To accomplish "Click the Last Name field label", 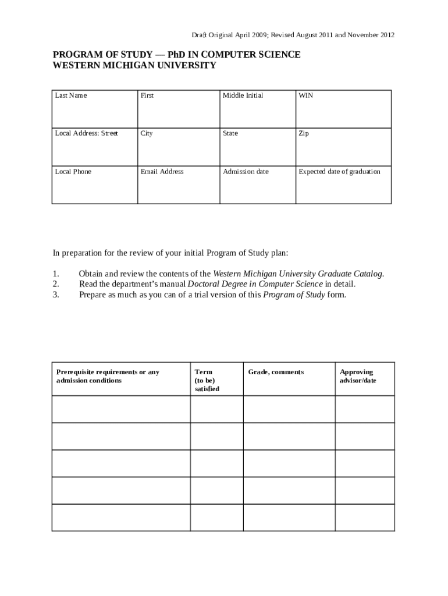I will [x=70, y=95].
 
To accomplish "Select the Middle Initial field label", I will [x=243, y=95].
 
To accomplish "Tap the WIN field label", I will [x=305, y=95].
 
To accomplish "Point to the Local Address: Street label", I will [x=86, y=133].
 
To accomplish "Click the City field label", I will [x=147, y=133].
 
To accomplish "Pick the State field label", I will [x=230, y=133].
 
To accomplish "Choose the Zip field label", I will [x=304, y=133].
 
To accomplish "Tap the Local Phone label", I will [x=73, y=172].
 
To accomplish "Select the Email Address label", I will [x=162, y=172].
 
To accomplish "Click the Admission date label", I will [x=246, y=172].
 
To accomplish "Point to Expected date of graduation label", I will [x=339, y=172].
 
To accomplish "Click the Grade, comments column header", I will [x=276, y=372].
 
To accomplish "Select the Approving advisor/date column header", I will [x=357, y=376].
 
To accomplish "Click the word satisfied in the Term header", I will [x=207, y=389].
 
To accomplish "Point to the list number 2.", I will [x=56, y=284].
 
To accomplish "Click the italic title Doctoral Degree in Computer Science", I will [x=255, y=284].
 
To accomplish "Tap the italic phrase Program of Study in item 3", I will [x=294, y=295].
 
